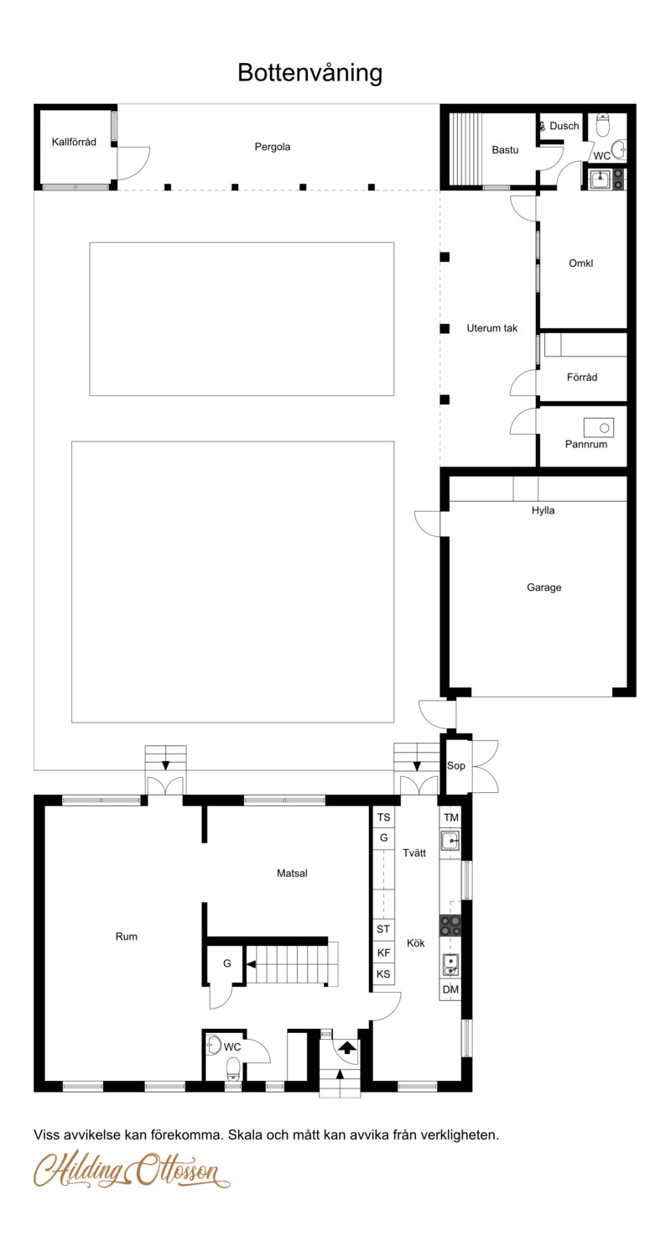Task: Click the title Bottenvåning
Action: click(x=310, y=73)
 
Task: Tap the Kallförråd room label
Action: click(x=74, y=142)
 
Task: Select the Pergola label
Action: click(x=272, y=147)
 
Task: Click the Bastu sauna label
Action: click(x=505, y=150)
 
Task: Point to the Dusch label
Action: click(x=564, y=126)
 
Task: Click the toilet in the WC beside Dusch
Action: click(x=602, y=125)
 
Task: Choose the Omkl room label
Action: click(x=581, y=263)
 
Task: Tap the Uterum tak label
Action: click(x=492, y=328)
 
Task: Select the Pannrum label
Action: click(x=586, y=445)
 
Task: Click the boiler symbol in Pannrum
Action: click(x=599, y=428)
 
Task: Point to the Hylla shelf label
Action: click(x=543, y=510)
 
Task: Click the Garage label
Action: click(x=544, y=587)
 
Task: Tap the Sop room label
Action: click(x=456, y=766)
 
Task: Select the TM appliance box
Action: click(x=450, y=817)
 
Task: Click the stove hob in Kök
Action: click(x=450, y=925)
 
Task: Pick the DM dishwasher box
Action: click(x=450, y=989)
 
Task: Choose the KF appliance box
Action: click(x=383, y=953)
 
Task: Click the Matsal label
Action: click(x=292, y=873)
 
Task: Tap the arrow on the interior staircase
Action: click(x=252, y=964)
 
